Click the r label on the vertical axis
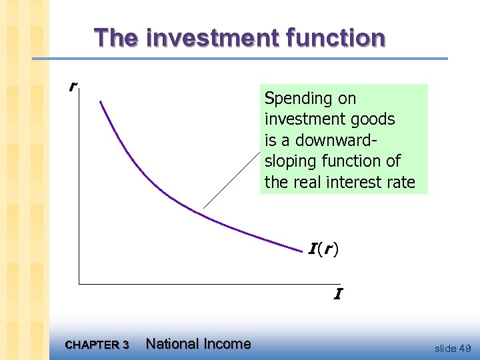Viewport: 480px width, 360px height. (73, 87)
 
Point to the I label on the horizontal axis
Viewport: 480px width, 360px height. (338, 294)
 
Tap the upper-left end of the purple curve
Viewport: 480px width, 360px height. (101, 102)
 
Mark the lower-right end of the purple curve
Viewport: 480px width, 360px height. (302, 251)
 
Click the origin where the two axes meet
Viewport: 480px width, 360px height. (79, 284)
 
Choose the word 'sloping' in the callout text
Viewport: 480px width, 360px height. (289, 161)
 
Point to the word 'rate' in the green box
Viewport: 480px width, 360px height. (400, 182)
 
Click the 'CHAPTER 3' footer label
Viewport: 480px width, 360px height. (97, 345)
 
